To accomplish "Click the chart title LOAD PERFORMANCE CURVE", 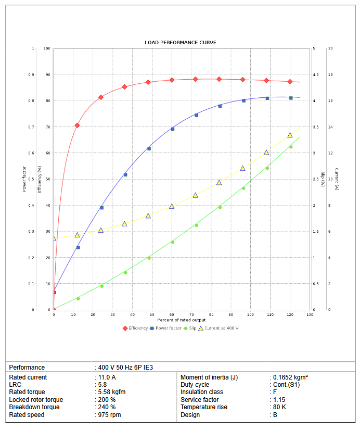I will point(180,42).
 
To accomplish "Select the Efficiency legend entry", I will point(135,328).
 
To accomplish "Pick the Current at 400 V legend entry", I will point(218,328).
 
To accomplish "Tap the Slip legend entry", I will point(190,328).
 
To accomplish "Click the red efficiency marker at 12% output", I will point(78,125).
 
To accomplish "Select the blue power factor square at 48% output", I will point(149,149).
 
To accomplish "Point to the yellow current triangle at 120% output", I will point(290,135).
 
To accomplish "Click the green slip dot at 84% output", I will point(220,207).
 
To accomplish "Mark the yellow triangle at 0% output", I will point(54,238).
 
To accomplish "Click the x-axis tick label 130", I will point(310,315).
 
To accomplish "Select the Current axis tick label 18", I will point(330,75).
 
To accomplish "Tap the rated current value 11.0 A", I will point(107,377).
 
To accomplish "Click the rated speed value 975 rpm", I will point(109,415).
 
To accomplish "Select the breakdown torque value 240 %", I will point(107,407).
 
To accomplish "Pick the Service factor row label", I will point(199,400).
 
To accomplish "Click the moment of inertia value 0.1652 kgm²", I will point(291,377).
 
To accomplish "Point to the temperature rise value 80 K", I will point(280,407).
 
